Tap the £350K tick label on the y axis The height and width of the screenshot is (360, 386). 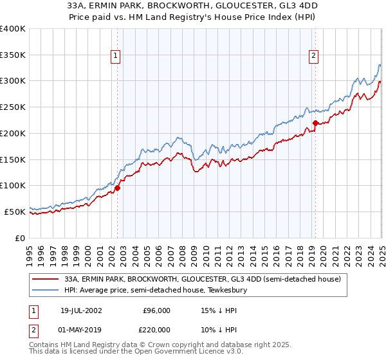pyautogui.click(x=13, y=55)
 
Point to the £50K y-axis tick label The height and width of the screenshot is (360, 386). pyautogui.click(x=15, y=211)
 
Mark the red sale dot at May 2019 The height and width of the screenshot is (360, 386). pyautogui.click(x=315, y=123)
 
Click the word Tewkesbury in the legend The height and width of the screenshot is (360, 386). pyautogui.click(x=235, y=290)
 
